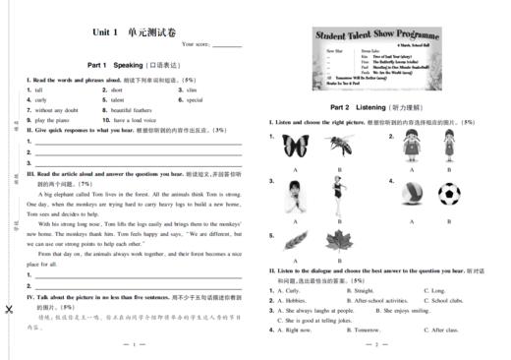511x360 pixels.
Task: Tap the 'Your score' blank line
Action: point(228,45)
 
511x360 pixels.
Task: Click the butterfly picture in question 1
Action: point(295,147)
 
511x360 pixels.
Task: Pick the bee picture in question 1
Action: point(339,147)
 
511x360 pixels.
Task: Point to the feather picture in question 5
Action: point(295,241)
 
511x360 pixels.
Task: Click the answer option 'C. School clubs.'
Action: point(444,300)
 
